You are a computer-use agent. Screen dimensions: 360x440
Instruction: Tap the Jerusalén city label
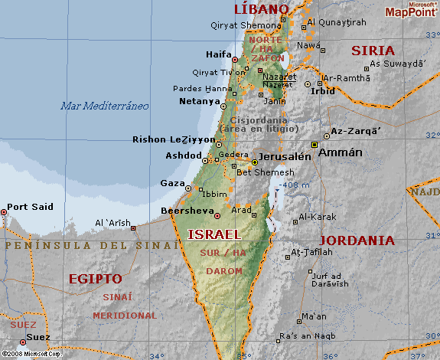pyautogui.click(x=285, y=156)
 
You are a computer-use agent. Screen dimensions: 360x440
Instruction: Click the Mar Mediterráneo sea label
pyautogui.click(x=105, y=106)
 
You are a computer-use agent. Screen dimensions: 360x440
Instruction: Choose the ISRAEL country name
pyautogui.click(x=214, y=234)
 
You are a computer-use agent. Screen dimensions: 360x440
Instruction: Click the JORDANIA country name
pyautogui.click(x=357, y=240)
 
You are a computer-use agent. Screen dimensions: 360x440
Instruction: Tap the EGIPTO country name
pyautogui.click(x=95, y=278)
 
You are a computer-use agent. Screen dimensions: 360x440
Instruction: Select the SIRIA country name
pyautogui.click(x=373, y=51)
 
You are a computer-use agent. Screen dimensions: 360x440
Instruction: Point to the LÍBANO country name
pyautogui.click(x=262, y=9)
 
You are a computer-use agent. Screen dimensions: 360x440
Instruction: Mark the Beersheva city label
pyautogui.click(x=186, y=211)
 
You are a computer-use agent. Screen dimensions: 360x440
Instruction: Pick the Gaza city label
pyautogui.click(x=172, y=183)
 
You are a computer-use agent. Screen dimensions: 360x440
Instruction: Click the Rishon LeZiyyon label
pyautogui.click(x=174, y=139)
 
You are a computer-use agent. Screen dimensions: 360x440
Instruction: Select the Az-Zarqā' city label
pyautogui.click(x=356, y=132)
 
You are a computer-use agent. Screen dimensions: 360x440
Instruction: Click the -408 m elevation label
pyautogui.click(x=289, y=185)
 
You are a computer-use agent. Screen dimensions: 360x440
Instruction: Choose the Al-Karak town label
pyautogui.click(x=316, y=217)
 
